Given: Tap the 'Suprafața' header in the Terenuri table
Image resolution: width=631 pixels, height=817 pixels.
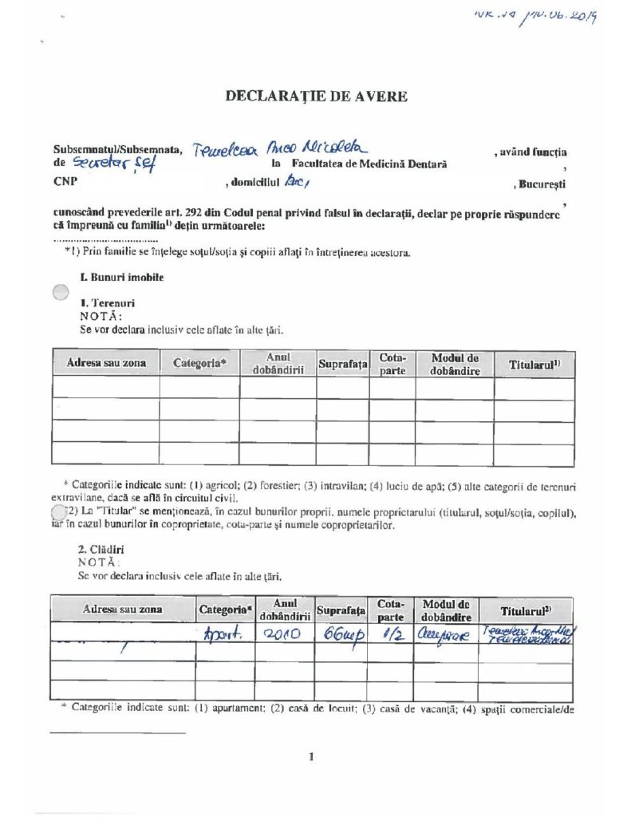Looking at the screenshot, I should click(x=341, y=364).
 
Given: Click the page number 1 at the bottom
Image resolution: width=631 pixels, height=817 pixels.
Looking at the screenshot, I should click(x=312, y=757).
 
